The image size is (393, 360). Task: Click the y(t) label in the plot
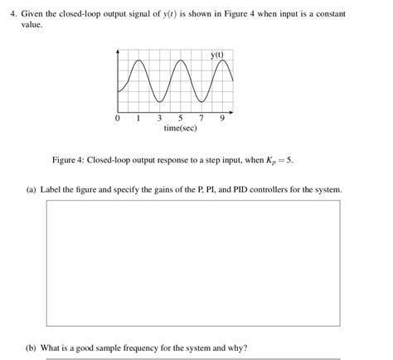tap(218, 55)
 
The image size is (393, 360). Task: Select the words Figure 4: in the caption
tap(68, 159)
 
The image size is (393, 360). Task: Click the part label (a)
tap(32, 190)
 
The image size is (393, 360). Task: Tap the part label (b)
tap(32, 348)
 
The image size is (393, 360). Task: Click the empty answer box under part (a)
tap(192, 263)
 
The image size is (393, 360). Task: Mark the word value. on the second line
tap(32, 25)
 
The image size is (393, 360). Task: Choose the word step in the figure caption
tap(193, 159)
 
